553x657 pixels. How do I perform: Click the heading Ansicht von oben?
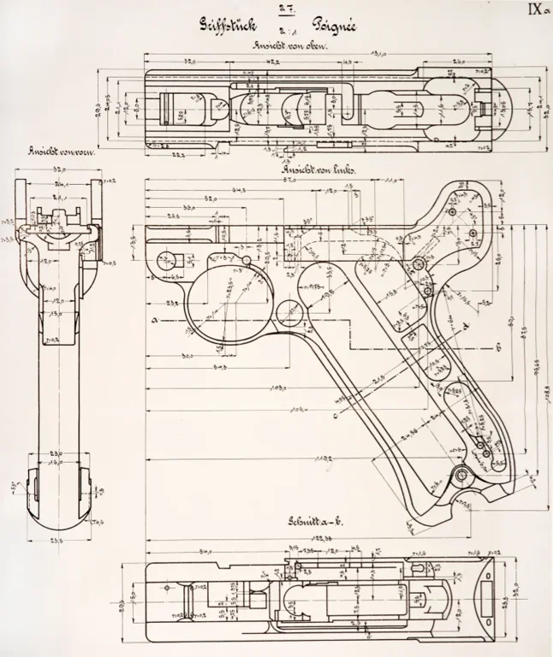(284, 46)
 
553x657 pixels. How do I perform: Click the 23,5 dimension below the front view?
(58, 542)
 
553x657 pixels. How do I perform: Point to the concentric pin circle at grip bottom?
(461, 475)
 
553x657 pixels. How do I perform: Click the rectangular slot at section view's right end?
(488, 593)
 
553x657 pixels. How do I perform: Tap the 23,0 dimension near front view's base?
(56, 453)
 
